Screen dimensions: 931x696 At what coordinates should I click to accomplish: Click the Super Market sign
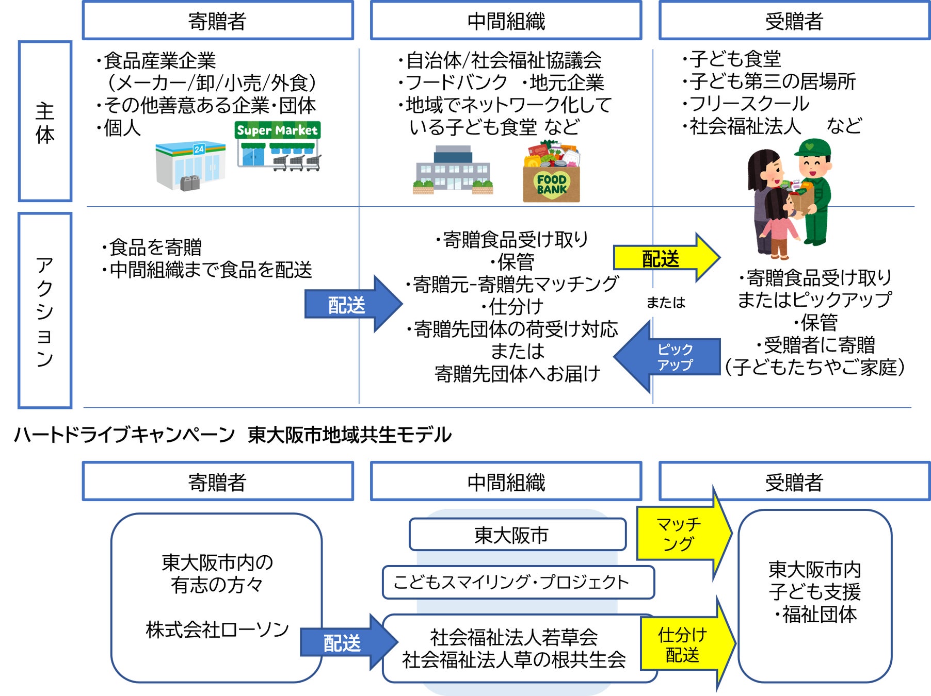[x=278, y=130]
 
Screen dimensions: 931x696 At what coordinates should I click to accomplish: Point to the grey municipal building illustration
[x=453, y=170]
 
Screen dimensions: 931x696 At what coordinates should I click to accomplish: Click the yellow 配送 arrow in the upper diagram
[x=666, y=257]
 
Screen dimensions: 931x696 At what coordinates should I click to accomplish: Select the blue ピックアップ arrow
[x=666, y=356]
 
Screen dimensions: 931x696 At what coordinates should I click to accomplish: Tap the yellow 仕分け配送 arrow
[x=688, y=643]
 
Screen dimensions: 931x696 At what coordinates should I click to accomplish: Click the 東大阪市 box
[x=518, y=535]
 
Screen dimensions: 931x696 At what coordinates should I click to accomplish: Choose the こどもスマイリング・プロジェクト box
[x=518, y=582]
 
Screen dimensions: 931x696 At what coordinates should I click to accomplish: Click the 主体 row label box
[x=45, y=121]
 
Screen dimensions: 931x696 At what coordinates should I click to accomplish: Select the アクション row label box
[x=45, y=310]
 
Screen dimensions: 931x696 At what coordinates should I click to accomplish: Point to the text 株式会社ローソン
[x=217, y=629]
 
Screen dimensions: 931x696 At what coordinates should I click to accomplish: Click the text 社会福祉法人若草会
[x=514, y=637]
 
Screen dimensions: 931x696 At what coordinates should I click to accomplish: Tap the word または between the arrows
[x=666, y=302]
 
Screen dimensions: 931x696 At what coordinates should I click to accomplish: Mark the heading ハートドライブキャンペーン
[x=124, y=435]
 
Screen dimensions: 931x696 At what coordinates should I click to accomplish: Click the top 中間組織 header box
[x=506, y=21]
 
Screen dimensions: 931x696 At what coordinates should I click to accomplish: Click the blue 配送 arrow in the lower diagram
[x=349, y=642]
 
